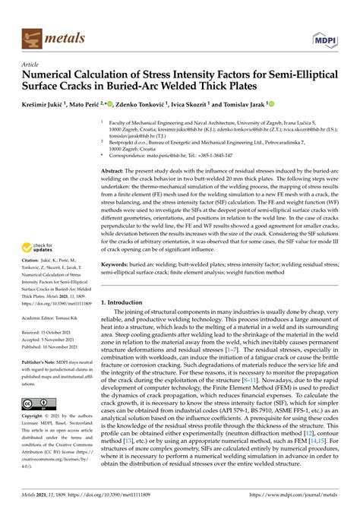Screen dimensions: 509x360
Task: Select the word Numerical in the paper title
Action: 53,76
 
